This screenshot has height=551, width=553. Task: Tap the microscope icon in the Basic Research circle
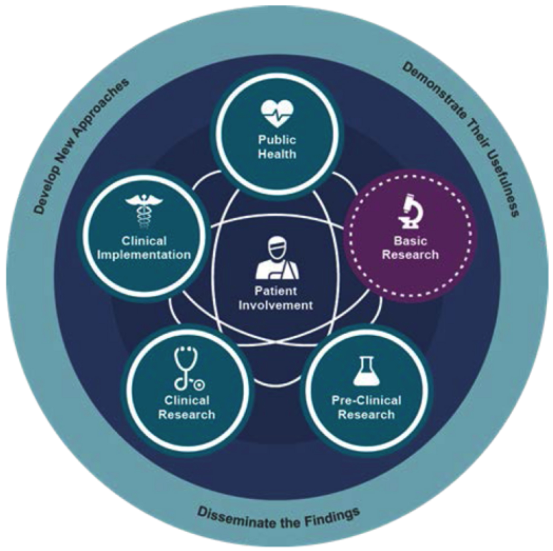click(x=410, y=211)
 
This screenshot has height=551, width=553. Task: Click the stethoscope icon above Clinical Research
click(x=187, y=370)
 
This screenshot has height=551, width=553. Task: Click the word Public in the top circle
click(x=277, y=140)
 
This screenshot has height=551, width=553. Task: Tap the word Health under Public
click(x=277, y=154)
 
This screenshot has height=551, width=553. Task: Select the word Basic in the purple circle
click(x=410, y=241)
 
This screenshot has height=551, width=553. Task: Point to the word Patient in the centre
click(x=276, y=291)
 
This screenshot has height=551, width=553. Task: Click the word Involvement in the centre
click(x=276, y=305)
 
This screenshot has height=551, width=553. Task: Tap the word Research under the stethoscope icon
click(x=187, y=415)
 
